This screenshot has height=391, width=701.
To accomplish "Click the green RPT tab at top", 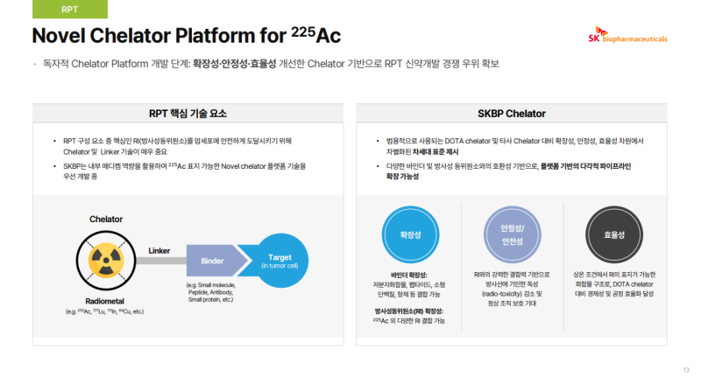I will (x=69, y=10).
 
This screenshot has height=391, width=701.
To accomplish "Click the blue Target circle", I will (x=280, y=261).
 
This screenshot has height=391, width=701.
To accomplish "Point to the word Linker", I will (x=159, y=250).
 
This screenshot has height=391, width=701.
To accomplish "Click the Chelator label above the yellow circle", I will (x=106, y=219).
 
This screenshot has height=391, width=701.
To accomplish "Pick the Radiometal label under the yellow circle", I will (x=105, y=299).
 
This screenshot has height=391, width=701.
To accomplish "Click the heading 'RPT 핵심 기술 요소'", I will (x=188, y=114).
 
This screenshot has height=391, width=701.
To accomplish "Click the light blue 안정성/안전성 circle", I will (x=511, y=234).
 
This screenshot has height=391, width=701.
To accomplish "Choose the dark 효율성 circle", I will (x=612, y=234).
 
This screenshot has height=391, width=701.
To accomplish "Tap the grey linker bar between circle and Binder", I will (x=160, y=261).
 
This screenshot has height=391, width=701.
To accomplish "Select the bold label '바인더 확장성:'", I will (x=409, y=275).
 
